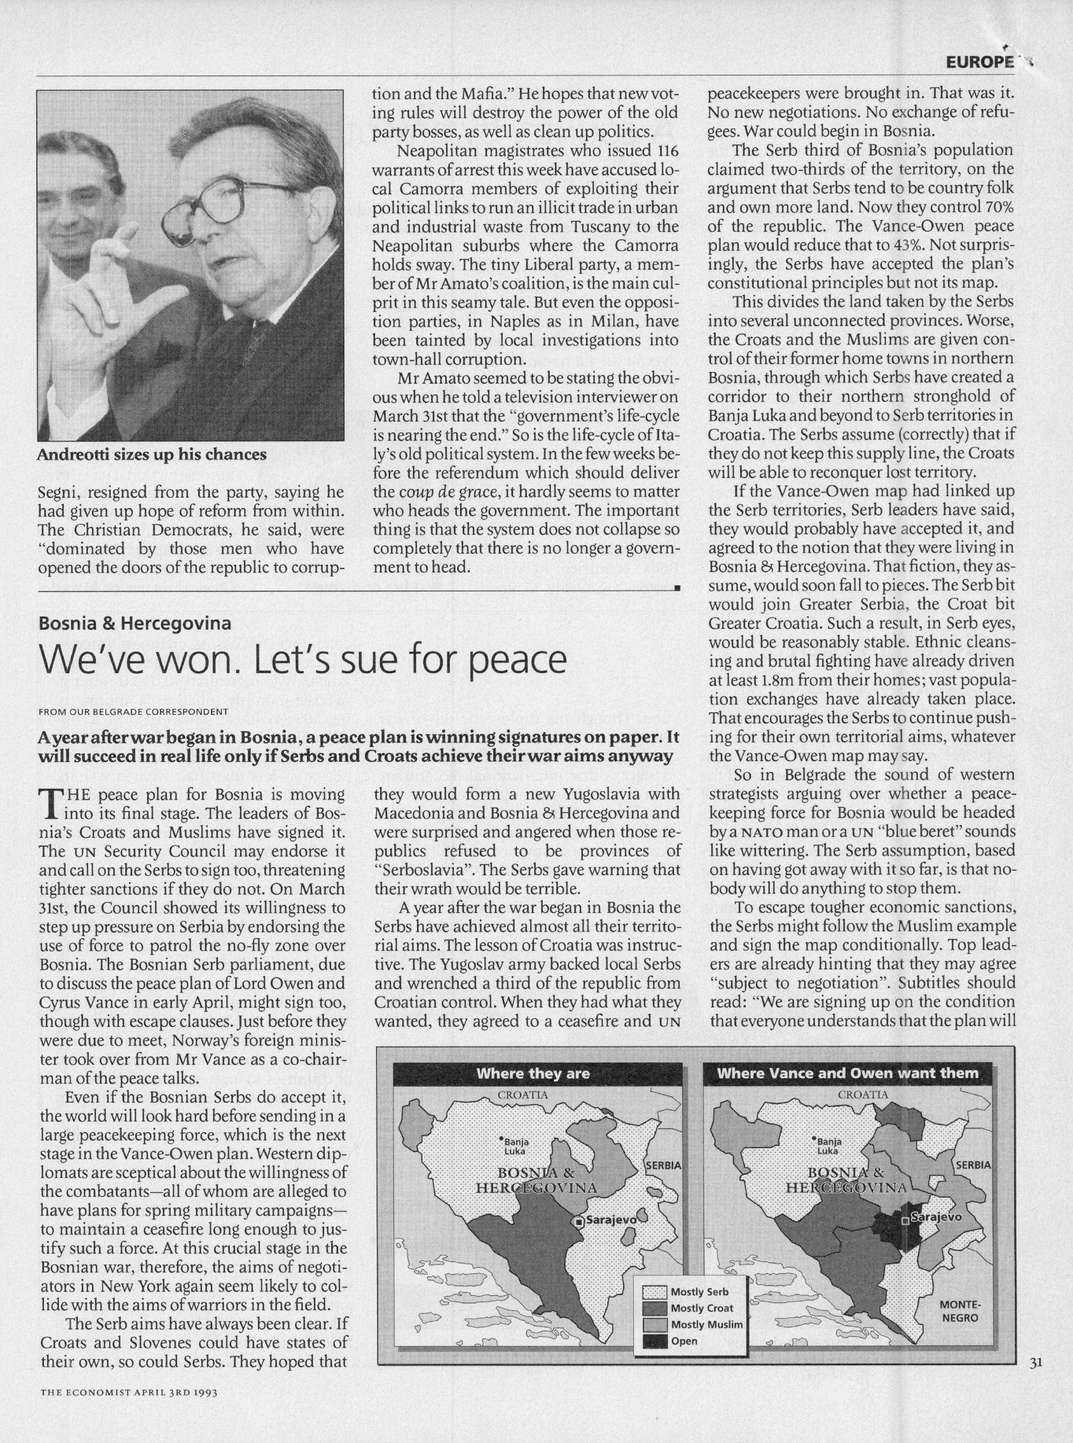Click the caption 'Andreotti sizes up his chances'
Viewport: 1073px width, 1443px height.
tap(151, 455)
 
